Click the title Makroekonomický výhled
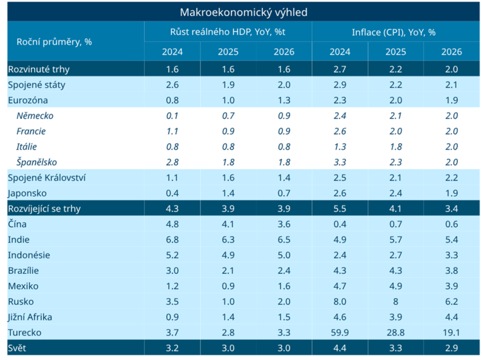243,12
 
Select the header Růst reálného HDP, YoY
228,32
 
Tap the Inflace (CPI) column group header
394,32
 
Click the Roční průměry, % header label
54,42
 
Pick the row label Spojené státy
36,84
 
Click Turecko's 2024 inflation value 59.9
340,332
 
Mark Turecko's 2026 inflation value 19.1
451,332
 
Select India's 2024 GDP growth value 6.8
172,239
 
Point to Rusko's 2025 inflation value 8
396,301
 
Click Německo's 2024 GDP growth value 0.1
172,116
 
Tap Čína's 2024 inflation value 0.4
340,224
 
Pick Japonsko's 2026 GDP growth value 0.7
284,193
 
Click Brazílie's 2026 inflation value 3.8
451,270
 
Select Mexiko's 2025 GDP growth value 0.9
228,286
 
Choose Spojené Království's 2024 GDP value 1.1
172,178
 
